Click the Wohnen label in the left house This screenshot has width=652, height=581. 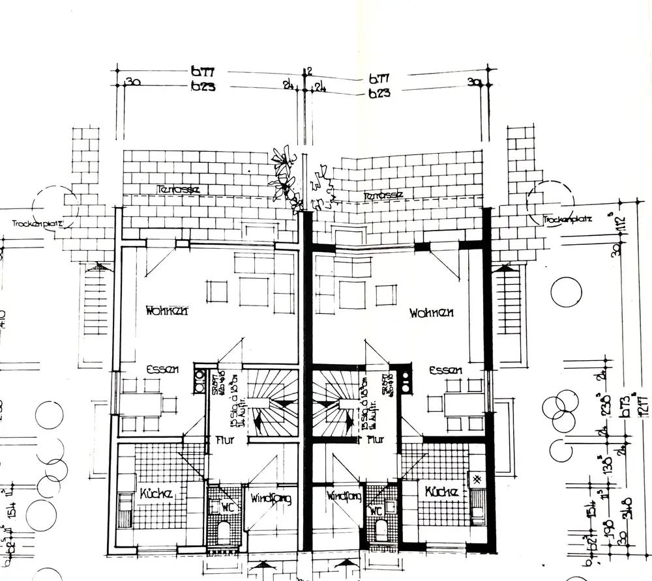pos(168,311)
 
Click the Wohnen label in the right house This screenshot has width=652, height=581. pos(432,313)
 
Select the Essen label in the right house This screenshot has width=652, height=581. pos(445,370)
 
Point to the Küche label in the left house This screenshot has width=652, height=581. pos(156,494)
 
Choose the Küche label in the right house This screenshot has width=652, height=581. pos(440,492)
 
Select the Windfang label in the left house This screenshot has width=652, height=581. pos(271,499)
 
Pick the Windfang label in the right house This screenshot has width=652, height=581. pos(338,496)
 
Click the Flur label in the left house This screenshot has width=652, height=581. pos(225,440)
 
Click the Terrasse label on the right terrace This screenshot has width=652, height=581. pos(383,195)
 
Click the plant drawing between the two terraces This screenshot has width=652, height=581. pos(285,176)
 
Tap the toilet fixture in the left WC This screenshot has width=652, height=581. pos(223,531)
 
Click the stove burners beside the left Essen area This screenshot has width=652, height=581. pos(199,381)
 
